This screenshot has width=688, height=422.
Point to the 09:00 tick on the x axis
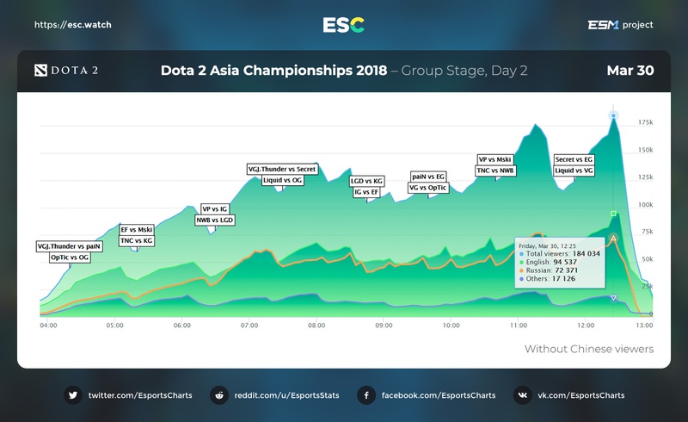pyautogui.click(x=384, y=326)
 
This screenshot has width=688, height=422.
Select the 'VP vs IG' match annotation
pyautogui.click(x=214, y=208)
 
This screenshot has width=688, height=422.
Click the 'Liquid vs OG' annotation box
pyautogui.click(x=282, y=181)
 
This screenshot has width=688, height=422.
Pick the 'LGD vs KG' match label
pyautogui.click(x=366, y=181)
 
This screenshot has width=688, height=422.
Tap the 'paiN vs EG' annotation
pyautogui.click(x=427, y=176)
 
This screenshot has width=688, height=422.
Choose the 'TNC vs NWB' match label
pyautogui.click(x=495, y=171)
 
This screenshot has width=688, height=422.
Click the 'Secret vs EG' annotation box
pyautogui.click(x=574, y=159)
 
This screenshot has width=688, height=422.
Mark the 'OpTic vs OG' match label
pyautogui.click(x=70, y=258)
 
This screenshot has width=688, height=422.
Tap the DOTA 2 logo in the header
pyautogui.click(x=65, y=71)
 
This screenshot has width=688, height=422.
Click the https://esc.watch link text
pyautogui.click(x=72, y=25)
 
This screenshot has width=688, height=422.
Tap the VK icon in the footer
pyautogui.click(x=522, y=395)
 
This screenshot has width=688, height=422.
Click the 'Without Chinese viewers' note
pyautogui.click(x=589, y=349)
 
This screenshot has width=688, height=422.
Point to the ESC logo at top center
pyautogui.click(x=343, y=25)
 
